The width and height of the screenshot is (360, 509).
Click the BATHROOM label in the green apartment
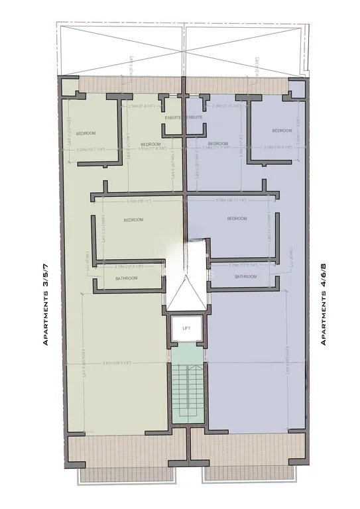click(126, 278)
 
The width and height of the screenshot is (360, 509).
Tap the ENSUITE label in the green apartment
click(174, 117)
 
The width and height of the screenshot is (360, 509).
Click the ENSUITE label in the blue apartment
click(194, 117)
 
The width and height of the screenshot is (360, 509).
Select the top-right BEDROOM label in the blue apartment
click(282, 131)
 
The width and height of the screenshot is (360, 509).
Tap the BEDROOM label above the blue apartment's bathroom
click(237, 219)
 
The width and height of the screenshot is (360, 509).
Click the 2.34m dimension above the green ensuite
click(141, 106)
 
